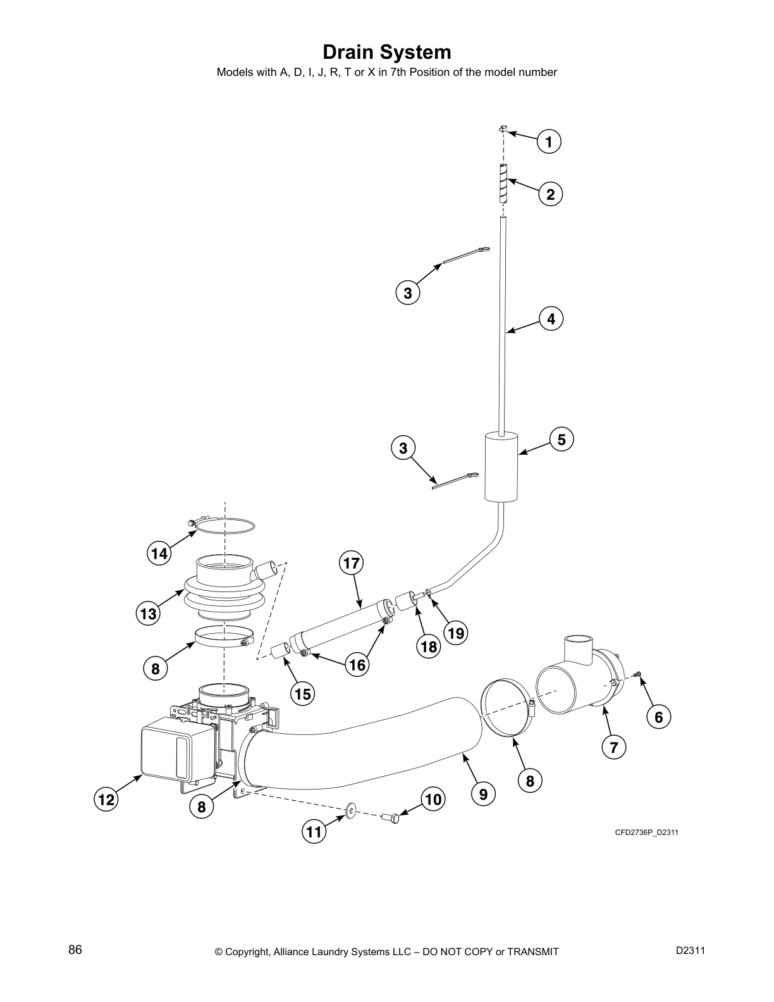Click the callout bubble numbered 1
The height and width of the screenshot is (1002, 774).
coord(549,142)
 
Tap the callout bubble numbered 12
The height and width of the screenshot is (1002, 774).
coord(106,800)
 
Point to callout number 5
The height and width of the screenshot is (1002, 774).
coord(562,439)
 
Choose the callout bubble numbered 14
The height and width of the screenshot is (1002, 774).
coord(159,554)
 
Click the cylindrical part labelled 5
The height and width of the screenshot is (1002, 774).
coord(501,467)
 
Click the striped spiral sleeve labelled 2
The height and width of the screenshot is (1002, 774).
coord(503,183)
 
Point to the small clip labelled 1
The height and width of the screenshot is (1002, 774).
coord(502,130)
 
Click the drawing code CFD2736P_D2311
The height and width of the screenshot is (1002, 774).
coord(646,832)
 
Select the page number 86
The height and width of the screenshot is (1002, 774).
coord(75,949)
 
